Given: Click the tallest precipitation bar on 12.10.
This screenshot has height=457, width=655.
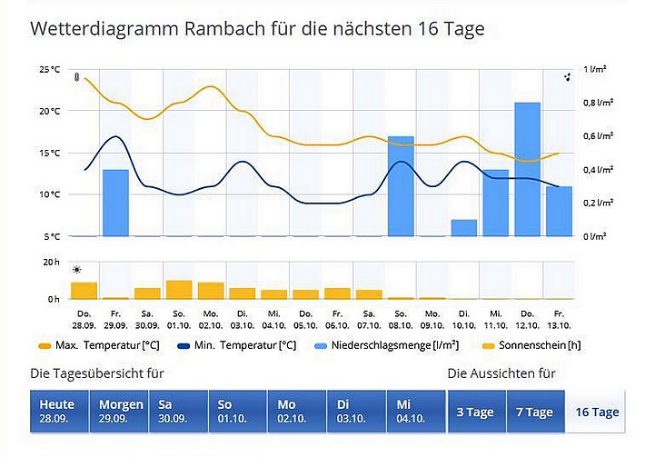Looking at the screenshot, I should point(527,169).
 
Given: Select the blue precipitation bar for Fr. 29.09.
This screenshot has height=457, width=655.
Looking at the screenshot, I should point(115,203).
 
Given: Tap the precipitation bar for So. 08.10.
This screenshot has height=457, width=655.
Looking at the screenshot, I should point(401,186).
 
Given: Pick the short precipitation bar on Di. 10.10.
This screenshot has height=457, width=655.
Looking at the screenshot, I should point(463,227).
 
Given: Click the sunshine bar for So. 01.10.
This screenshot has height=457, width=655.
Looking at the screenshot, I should point(179,290).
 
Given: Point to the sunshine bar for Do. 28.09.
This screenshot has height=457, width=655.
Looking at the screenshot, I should point(84,291).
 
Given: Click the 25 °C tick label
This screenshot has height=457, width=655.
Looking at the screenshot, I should point(49,69).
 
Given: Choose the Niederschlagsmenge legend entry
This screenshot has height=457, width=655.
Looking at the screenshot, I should point(381,345).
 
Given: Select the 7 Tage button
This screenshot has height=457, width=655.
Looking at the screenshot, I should point(533,412).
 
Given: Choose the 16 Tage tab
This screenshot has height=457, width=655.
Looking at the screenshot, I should point(596,412).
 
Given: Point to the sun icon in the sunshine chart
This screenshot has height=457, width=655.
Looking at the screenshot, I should point(77,270).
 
